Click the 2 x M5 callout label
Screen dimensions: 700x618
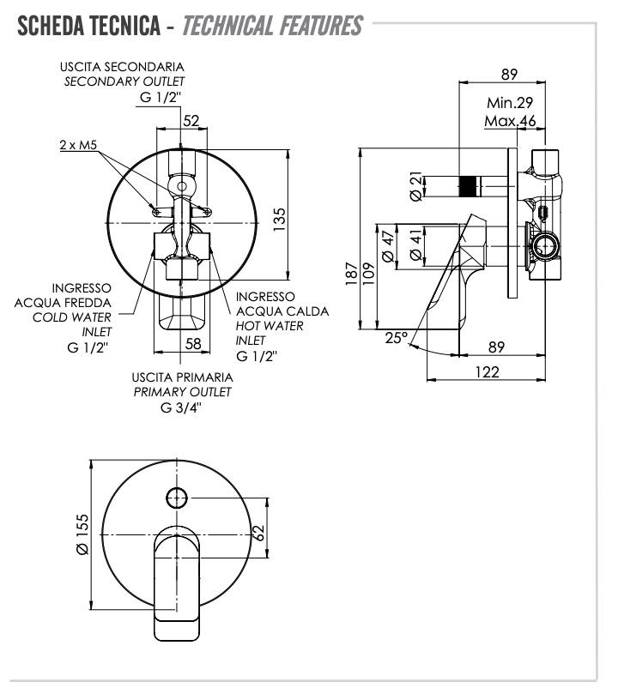click(x=76, y=146)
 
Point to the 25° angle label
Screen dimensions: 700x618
click(x=396, y=338)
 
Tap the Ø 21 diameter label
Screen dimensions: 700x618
click(x=415, y=186)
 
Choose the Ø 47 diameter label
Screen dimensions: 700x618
click(x=388, y=246)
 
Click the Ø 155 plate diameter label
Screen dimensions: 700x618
click(x=82, y=536)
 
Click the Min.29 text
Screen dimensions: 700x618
click(x=510, y=102)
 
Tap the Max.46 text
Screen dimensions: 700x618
click(x=510, y=121)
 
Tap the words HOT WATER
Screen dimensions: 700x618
click(x=270, y=326)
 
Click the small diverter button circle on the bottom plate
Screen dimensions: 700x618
click(x=178, y=496)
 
